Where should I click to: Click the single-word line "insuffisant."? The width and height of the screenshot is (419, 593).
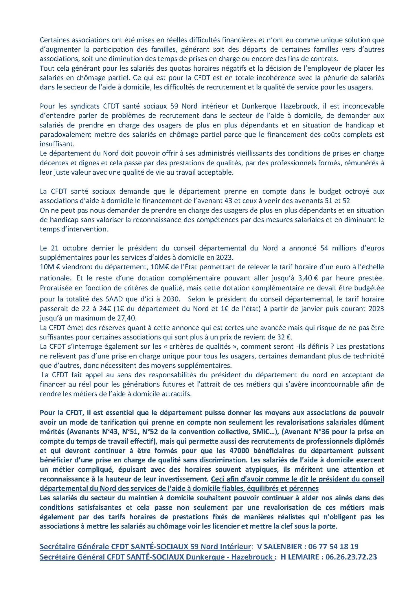[x=54, y=144]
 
